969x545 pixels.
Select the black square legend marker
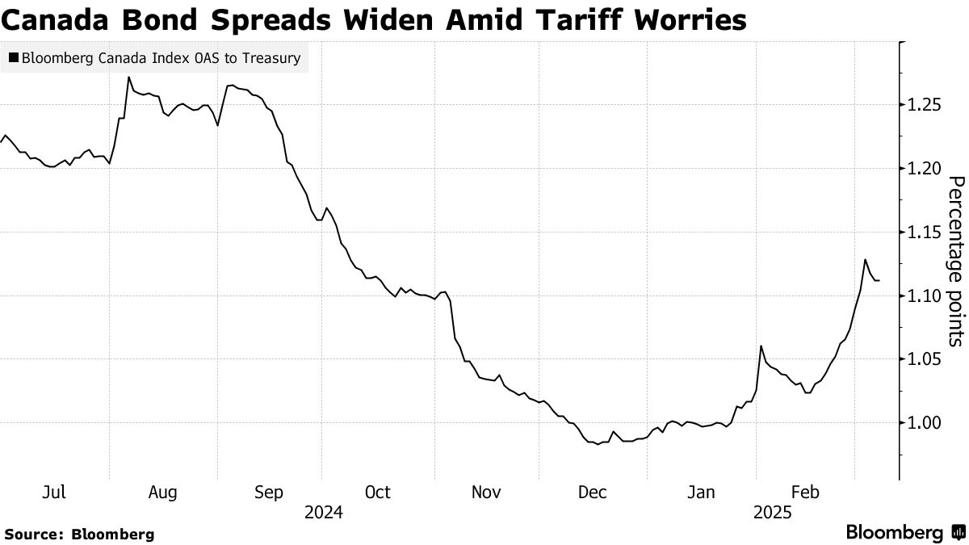(x=13, y=58)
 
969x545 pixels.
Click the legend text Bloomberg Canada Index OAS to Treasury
(x=161, y=58)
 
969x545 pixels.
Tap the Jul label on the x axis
(x=55, y=493)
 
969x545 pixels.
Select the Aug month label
(x=163, y=493)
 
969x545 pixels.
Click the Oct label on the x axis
(x=377, y=493)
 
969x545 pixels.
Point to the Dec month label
(x=594, y=493)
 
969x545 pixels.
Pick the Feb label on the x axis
(x=805, y=493)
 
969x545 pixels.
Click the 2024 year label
(x=323, y=513)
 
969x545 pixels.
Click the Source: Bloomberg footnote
(x=79, y=534)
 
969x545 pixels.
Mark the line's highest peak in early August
(x=129, y=78)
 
